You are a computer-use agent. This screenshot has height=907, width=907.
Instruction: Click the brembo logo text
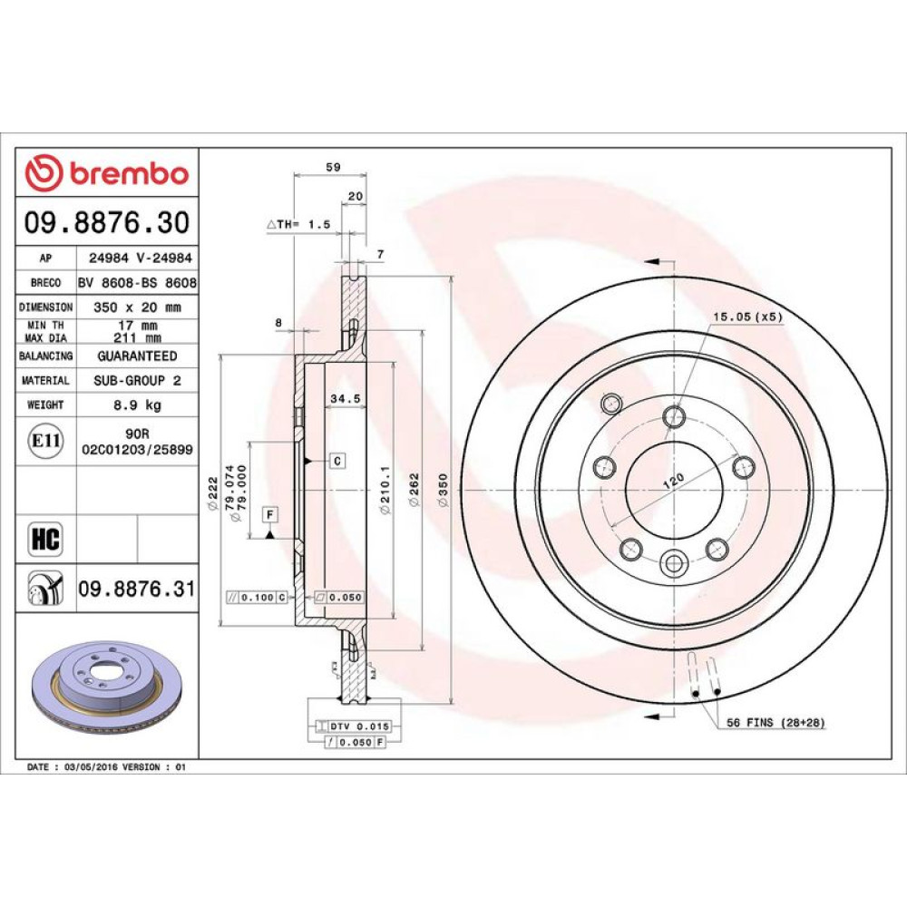click(x=130, y=173)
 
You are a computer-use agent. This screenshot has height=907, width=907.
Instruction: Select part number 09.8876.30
click(x=107, y=223)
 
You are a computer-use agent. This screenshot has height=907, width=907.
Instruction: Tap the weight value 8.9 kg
click(x=138, y=405)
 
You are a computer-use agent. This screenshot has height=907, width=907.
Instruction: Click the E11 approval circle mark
click(x=46, y=441)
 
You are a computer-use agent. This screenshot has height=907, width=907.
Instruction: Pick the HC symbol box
click(x=45, y=539)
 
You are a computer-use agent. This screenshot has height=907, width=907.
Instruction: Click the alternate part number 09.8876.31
click(x=137, y=589)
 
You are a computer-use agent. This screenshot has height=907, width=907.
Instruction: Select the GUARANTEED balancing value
click(x=138, y=356)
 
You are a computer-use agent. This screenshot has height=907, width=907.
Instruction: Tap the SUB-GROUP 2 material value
click(x=138, y=381)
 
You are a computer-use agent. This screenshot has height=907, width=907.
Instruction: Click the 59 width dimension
click(x=333, y=167)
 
